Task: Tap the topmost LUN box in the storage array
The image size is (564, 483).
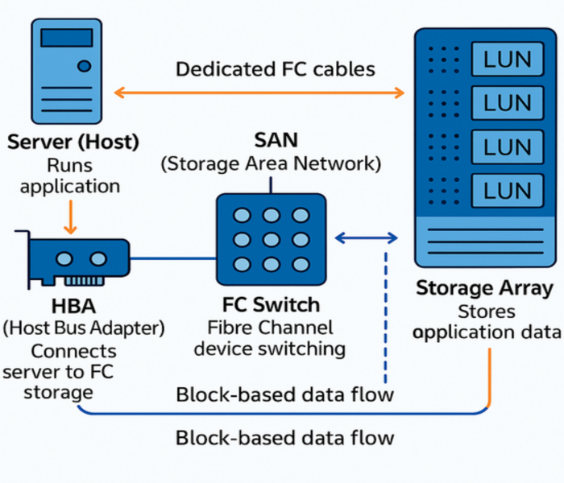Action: (x=508, y=59)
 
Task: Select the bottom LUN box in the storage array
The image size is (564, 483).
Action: (x=508, y=192)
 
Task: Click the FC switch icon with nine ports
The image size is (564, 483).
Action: (x=271, y=238)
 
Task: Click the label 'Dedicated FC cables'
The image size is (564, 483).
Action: (x=276, y=68)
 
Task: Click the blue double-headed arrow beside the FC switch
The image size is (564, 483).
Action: (x=367, y=237)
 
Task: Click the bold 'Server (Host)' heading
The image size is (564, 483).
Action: (x=73, y=142)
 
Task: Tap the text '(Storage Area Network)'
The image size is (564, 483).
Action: (x=271, y=164)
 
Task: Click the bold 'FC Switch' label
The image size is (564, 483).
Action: (x=271, y=305)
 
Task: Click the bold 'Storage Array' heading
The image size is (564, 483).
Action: (x=484, y=288)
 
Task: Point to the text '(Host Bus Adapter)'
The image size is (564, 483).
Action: (x=84, y=328)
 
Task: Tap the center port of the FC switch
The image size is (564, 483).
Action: (x=271, y=239)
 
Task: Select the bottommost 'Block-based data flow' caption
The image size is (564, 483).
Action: (x=285, y=438)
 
